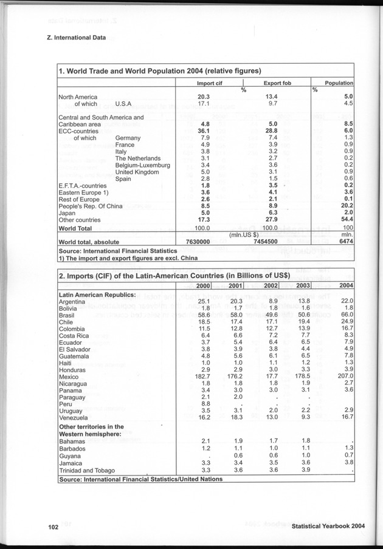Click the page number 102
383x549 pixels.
(53, 527)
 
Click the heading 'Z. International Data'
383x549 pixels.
(76, 38)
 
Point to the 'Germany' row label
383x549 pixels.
(128, 138)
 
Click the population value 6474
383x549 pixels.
(347, 241)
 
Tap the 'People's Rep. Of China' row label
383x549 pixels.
(90, 206)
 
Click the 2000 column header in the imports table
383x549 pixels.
(203, 285)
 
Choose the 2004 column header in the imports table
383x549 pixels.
(346, 285)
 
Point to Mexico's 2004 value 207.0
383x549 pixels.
(345, 377)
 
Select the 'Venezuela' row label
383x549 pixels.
(74, 418)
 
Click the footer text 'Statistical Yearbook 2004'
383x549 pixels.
(328, 527)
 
